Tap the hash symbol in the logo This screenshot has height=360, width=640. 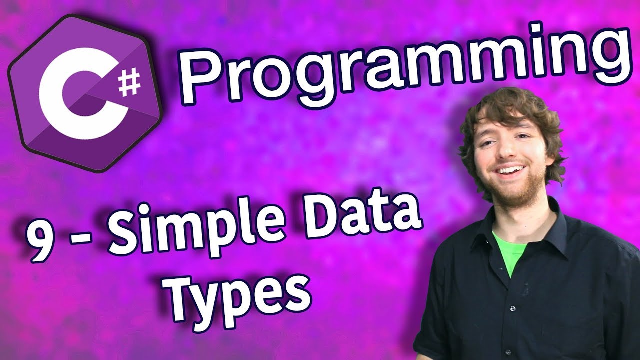(x=130, y=83)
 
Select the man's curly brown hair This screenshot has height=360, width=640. (x=508, y=111)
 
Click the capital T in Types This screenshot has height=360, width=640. (x=185, y=297)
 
